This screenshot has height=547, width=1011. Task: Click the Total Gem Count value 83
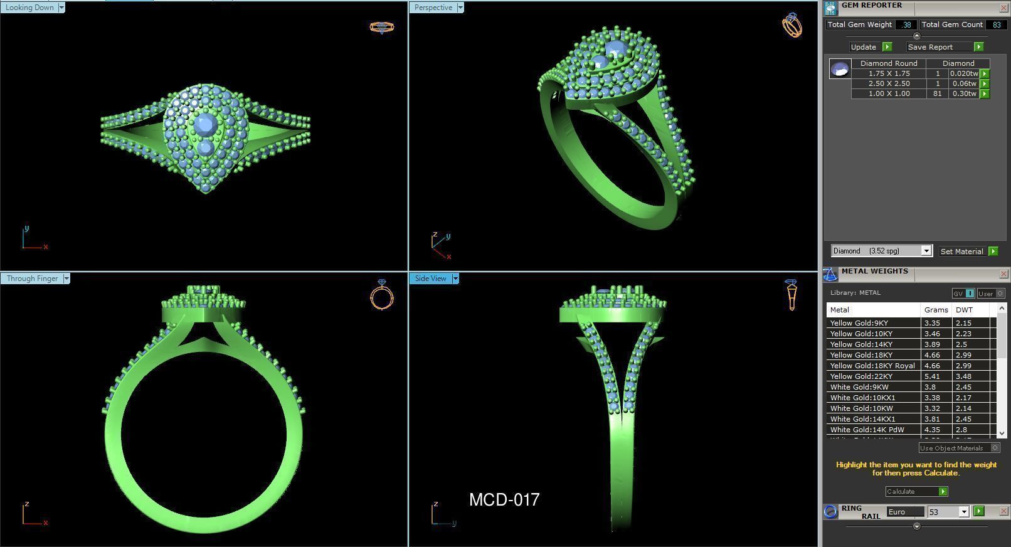tap(996, 24)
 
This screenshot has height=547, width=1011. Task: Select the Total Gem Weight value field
tap(906, 24)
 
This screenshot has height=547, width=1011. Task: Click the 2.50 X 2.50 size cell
tap(889, 83)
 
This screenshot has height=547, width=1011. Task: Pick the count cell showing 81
tap(938, 93)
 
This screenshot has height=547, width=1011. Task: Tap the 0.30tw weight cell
tap(964, 93)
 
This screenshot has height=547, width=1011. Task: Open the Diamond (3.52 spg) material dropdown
tap(881, 251)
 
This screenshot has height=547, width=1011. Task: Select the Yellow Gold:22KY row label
tap(861, 376)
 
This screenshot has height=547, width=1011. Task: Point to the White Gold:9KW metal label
tap(859, 387)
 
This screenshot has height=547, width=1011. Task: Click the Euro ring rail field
tap(905, 512)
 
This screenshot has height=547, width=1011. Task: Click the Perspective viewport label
tap(433, 8)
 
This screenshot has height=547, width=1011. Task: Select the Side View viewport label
tap(430, 279)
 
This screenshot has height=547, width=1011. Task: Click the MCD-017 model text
tap(504, 500)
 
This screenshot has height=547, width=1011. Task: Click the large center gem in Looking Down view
tap(206, 124)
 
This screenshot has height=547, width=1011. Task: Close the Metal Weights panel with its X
tap(1003, 273)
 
